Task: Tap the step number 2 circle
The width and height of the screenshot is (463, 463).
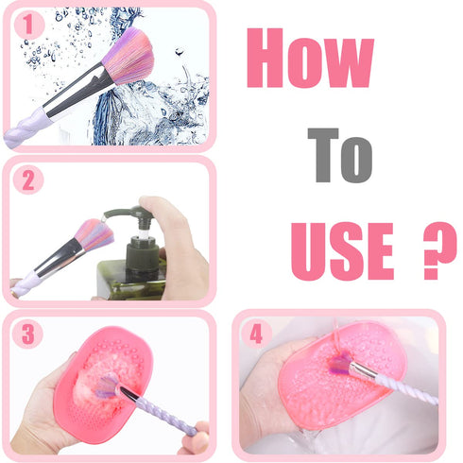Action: click(28, 180)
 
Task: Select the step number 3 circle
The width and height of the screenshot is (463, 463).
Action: click(28, 333)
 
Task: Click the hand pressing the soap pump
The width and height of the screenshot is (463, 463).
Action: click(175, 241)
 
